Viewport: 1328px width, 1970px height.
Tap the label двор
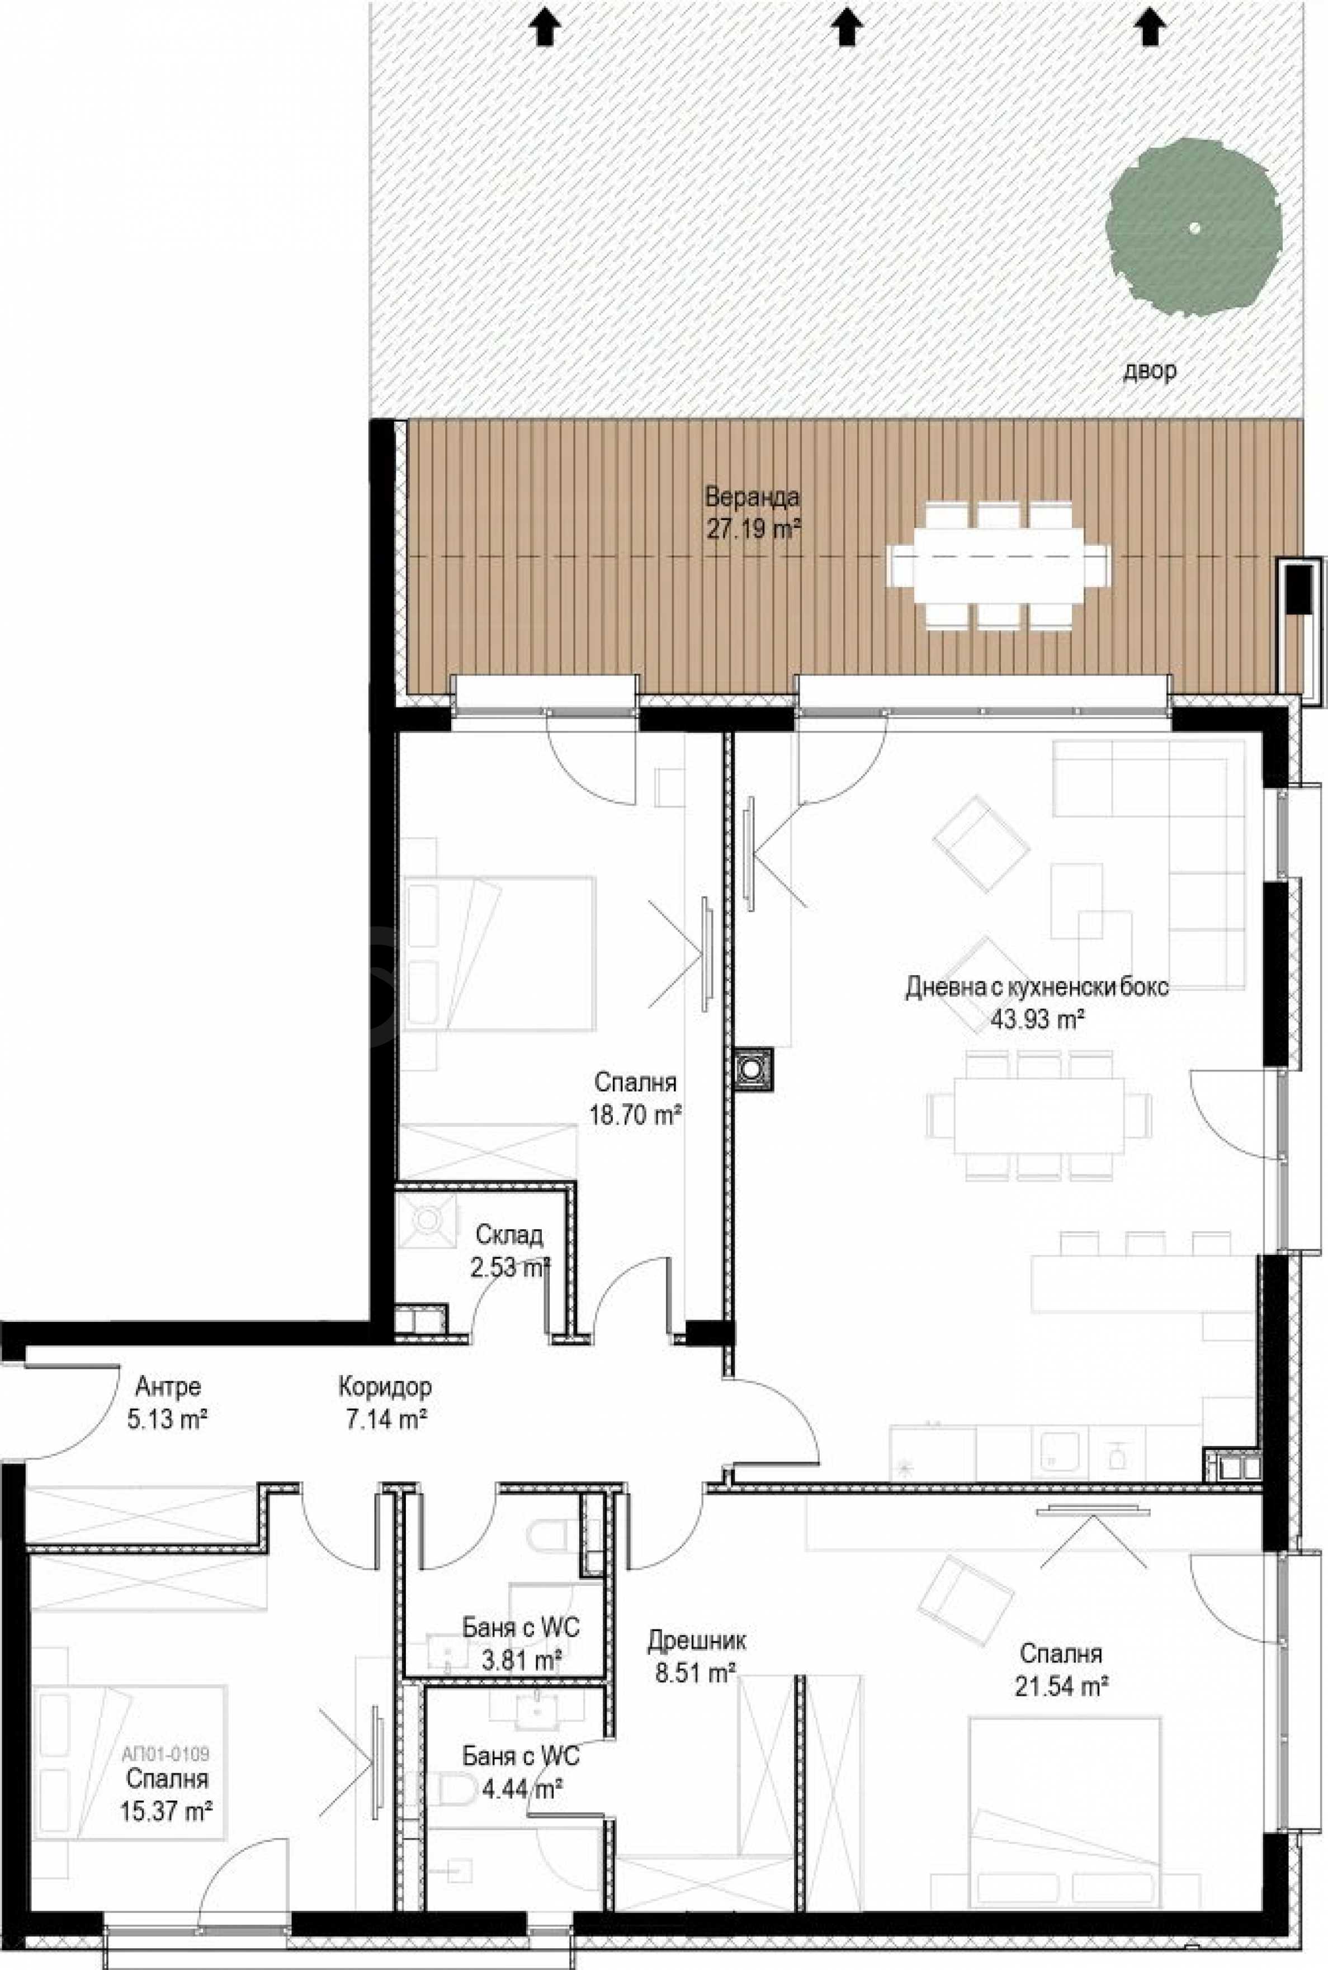(1149, 370)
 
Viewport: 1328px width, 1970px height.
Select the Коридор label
(385, 1387)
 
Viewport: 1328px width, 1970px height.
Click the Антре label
(168, 1387)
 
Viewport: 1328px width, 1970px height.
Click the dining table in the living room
(1039, 1116)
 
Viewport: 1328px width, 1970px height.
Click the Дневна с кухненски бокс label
(1037, 988)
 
